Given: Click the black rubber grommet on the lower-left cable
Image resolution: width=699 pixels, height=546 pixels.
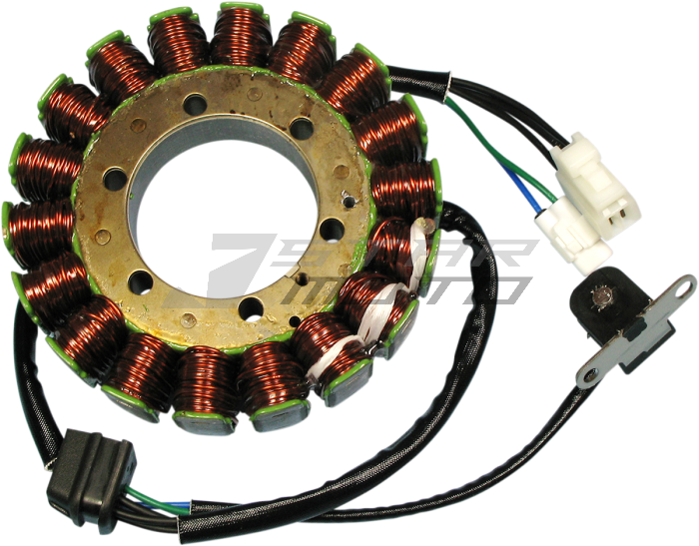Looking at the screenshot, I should [x=92, y=465].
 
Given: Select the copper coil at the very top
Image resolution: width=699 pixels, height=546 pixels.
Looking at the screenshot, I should [x=240, y=35].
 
